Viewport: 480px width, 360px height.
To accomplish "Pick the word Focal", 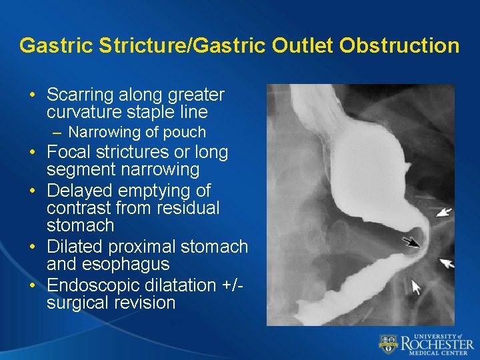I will [x=71, y=152].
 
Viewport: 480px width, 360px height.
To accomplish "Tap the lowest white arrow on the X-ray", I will [x=417, y=287].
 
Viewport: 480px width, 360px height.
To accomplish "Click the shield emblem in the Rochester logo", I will [x=388, y=344].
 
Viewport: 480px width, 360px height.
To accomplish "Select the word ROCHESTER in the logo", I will [x=437, y=344].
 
